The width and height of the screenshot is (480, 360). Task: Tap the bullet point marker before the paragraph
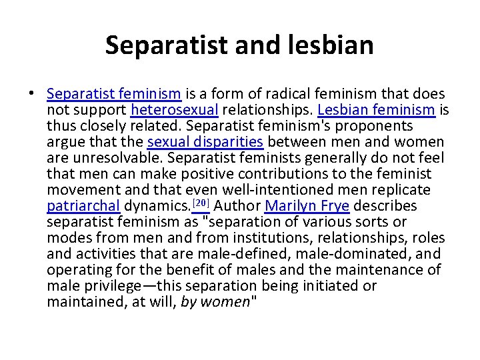coord(32,94)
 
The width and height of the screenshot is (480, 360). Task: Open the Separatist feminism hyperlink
coord(114,94)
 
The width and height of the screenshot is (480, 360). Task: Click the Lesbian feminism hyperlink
coord(375,110)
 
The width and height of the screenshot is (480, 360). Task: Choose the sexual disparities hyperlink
coord(205,142)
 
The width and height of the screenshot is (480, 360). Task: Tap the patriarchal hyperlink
coord(83,206)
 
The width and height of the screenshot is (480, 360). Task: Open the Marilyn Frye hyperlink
coord(307,206)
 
